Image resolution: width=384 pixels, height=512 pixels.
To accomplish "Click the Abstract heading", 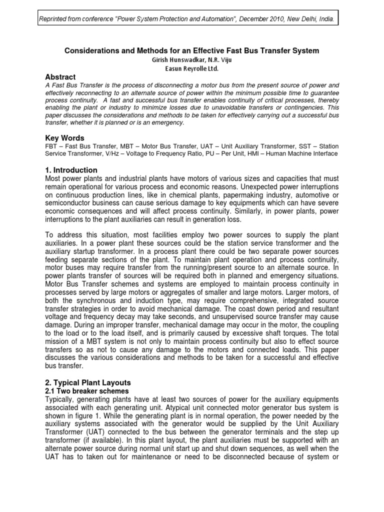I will [60, 77].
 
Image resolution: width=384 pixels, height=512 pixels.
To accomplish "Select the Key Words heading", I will [64, 138].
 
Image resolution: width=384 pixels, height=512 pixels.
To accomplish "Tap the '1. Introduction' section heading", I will [71, 170].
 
